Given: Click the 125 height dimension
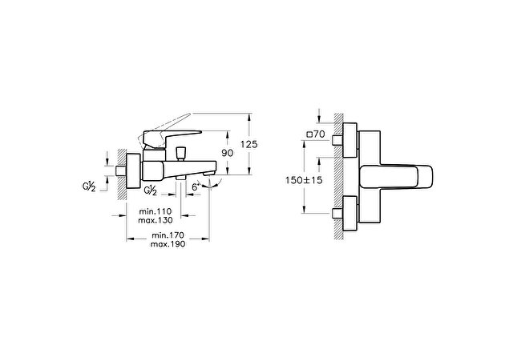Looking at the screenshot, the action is pos(249,144).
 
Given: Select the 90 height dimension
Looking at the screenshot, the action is pos(228,153).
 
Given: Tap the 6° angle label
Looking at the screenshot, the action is pos(196,187).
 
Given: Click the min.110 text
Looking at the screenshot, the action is pos(155,211).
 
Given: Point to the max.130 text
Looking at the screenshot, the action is pos(155,220).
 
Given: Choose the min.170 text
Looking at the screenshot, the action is pos(168,235).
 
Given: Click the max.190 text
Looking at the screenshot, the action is pos(168,244).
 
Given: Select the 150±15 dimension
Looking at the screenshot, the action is pos(304,180).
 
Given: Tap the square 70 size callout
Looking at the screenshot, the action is pos(315,134).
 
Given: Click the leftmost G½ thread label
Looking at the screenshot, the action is pos(89,187).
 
